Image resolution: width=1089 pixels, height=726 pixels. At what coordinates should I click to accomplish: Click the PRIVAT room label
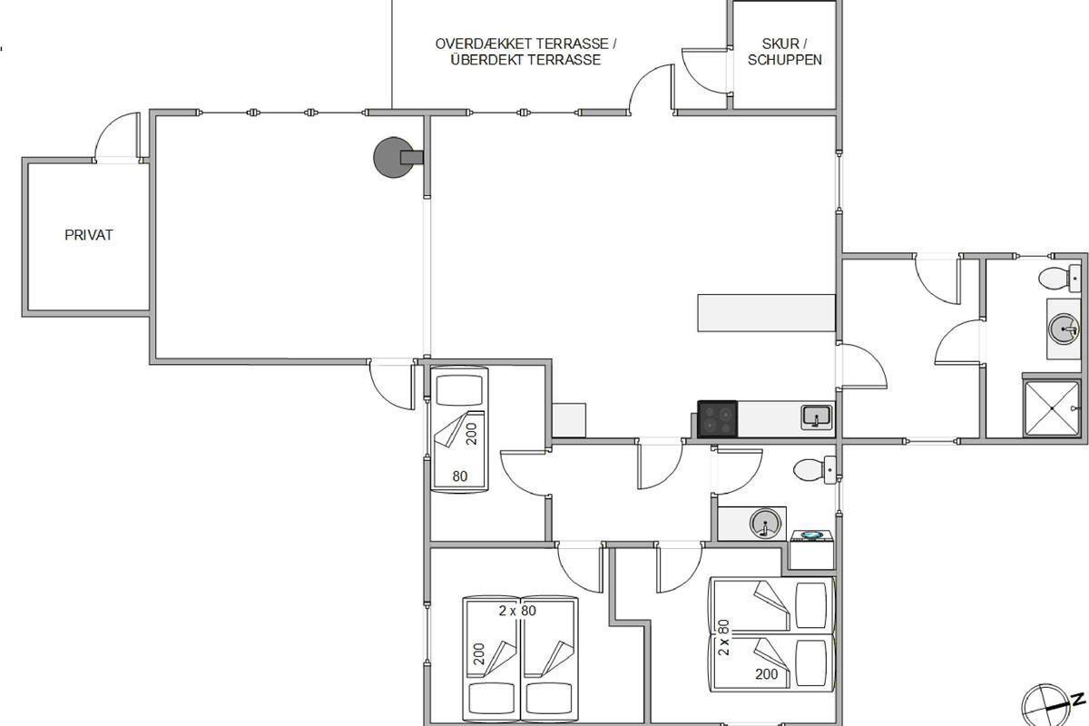(x=89, y=235)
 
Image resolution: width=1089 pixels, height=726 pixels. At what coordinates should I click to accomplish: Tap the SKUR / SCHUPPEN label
(x=784, y=52)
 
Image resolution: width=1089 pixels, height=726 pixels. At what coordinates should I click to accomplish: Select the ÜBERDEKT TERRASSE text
(x=525, y=60)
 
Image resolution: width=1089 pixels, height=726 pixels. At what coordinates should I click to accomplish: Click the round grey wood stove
(x=394, y=157)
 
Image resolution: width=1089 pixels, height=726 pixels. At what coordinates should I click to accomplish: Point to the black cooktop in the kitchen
(x=717, y=418)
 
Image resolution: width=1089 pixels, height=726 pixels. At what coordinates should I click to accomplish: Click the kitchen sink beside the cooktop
(x=817, y=417)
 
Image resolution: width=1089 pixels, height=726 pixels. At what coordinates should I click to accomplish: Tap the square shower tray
(x=1052, y=408)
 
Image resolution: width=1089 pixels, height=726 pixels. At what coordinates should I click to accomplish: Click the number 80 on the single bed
(x=460, y=476)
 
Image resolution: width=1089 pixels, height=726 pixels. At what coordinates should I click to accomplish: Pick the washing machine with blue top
(x=812, y=550)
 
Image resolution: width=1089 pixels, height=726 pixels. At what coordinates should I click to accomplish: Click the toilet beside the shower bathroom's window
(x=1059, y=278)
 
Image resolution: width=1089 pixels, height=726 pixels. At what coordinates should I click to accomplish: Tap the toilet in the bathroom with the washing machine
(x=815, y=470)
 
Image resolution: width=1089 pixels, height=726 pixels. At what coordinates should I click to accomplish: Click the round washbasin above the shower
(x=1064, y=329)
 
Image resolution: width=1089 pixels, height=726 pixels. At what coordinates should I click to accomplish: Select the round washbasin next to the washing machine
(x=765, y=524)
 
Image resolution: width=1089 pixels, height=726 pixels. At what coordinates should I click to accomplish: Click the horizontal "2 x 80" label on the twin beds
(x=517, y=610)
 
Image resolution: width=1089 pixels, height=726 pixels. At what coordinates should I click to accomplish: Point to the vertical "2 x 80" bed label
(x=724, y=637)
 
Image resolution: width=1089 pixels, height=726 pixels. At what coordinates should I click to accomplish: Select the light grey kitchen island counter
(x=766, y=313)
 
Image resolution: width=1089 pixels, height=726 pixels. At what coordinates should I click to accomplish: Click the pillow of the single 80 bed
(x=459, y=390)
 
